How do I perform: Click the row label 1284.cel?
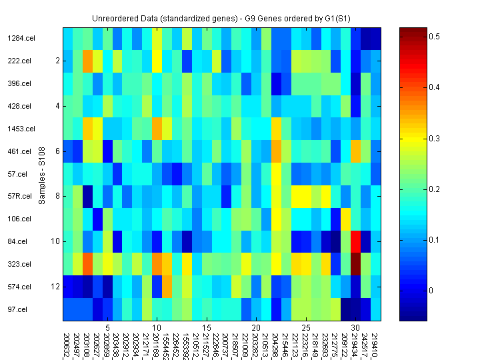tap(21, 38)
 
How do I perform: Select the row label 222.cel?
tap(19, 61)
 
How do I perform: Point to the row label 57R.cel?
tap(20, 197)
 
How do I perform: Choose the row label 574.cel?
tap(20, 287)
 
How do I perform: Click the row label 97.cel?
tap(19, 309)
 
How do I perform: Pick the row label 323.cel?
tap(20, 264)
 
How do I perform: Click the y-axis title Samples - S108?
tap(42, 174)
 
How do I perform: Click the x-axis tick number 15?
tap(207, 328)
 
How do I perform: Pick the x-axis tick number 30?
tap(355, 328)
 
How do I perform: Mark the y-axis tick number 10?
tap(56, 241)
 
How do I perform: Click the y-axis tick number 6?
tap(58, 151)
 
